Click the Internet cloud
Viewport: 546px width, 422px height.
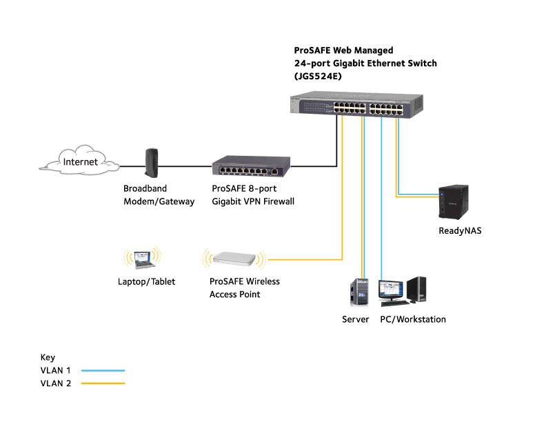(80, 163)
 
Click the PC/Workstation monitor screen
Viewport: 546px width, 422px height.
(390, 291)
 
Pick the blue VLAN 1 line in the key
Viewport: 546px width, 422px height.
(103, 370)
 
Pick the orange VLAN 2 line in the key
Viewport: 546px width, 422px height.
(103, 383)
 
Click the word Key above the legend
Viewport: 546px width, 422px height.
(48, 357)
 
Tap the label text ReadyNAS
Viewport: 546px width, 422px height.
(460, 231)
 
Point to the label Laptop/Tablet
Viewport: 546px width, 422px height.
(145, 281)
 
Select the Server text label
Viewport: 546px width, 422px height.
(356, 319)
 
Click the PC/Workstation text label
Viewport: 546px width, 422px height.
(413, 319)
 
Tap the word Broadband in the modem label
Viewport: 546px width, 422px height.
(145, 188)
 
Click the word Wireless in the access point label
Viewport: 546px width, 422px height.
(261, 281)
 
